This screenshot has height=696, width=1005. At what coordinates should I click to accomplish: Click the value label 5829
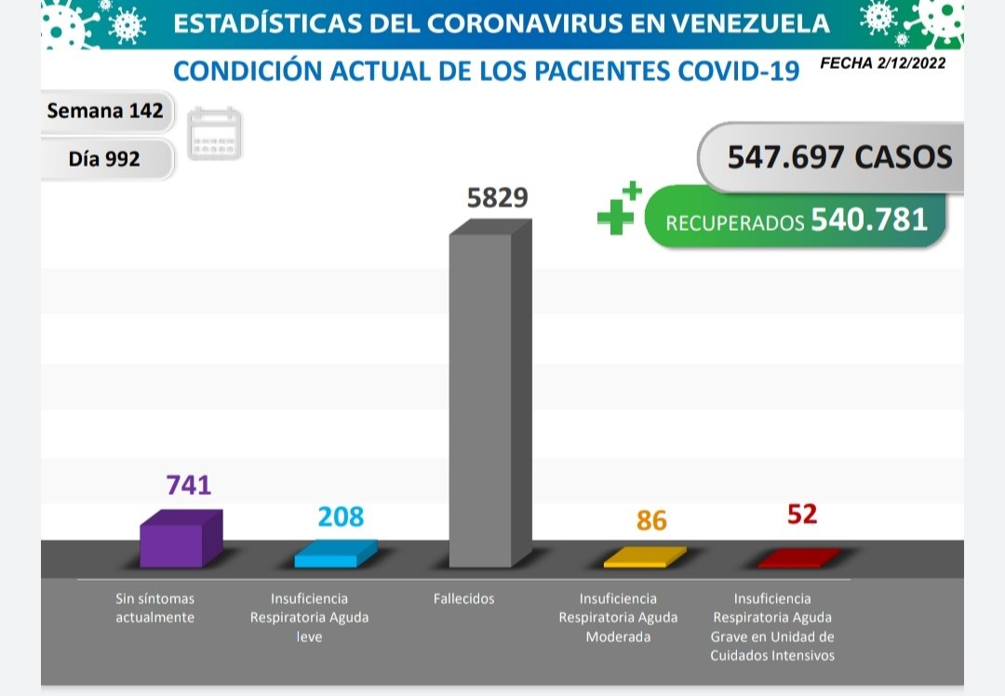click(497, 198)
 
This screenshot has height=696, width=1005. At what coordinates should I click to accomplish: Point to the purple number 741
click(188, 485)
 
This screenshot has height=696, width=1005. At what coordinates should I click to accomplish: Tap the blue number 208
click(341, 516)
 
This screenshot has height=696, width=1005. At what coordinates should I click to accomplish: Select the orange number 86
click(651, 520)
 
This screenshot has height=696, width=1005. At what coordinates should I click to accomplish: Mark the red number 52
click(801, 514)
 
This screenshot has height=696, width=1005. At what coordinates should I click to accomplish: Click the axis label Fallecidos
click(463, 599)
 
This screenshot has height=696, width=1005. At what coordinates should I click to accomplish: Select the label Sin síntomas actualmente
click(154, 608)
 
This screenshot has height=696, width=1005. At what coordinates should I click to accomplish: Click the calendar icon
click(215, 135)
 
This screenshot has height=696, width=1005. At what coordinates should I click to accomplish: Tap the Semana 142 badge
click(105, 112)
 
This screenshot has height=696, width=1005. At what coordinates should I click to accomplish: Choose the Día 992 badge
click(104, 159)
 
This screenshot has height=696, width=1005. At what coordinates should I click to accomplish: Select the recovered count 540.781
click(869, 220)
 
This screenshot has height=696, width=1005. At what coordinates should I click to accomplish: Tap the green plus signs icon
click(618, 210)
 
